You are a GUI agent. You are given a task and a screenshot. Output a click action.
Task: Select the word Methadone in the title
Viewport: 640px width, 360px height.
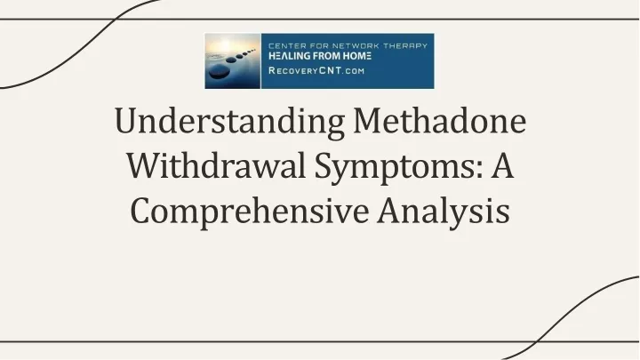[x=440, y=121]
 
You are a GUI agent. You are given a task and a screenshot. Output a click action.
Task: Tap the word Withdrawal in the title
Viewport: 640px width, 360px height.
[x=216, y=165]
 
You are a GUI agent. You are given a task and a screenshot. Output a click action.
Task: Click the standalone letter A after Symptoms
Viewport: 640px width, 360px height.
[x=501, y=165]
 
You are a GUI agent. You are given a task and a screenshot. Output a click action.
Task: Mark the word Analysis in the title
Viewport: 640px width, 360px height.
[x=444, y=212]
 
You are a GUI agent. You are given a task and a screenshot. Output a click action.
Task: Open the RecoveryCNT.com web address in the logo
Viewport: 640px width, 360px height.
[x=316, y=70]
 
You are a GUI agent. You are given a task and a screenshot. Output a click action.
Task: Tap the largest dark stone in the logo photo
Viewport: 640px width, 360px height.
[x=220, y=72]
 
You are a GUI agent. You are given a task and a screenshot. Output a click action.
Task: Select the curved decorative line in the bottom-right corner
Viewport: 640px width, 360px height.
[x=572, y=315]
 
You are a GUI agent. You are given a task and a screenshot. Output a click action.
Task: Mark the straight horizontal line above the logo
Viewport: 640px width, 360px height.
[x=320, y=20]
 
